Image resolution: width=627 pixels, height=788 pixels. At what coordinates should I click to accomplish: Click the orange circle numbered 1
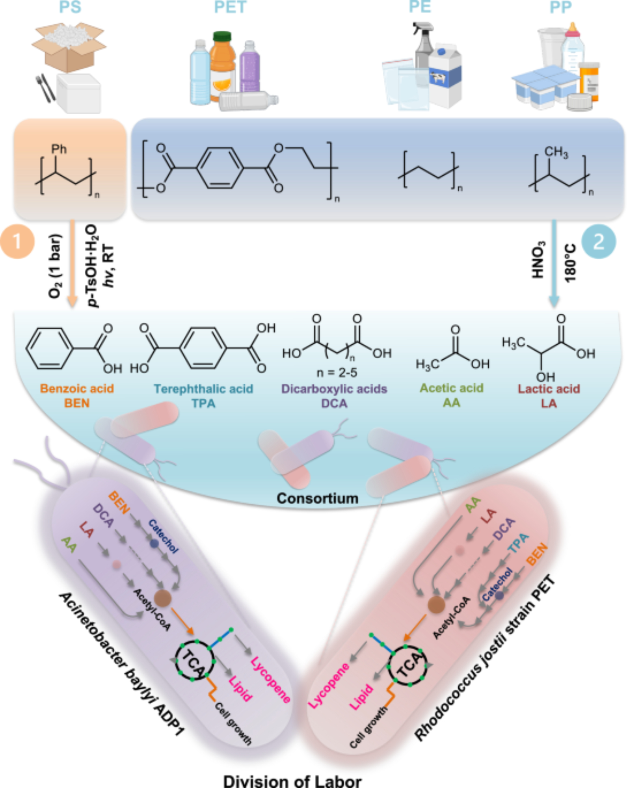17,241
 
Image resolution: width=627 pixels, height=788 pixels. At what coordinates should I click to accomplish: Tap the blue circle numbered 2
598,241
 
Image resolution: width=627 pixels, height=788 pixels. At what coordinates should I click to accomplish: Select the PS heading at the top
70,7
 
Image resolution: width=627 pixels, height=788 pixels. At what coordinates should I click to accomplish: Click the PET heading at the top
230,7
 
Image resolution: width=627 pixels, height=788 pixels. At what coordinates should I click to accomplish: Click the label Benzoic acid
77,388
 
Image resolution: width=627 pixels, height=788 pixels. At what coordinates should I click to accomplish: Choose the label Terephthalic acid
203,389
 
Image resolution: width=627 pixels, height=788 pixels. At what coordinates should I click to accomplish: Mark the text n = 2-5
337,372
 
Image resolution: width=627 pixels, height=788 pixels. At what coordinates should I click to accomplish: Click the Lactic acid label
549,389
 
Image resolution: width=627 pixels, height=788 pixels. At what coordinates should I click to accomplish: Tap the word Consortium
317,498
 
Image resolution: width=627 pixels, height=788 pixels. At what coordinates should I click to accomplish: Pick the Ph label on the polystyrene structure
59,149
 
